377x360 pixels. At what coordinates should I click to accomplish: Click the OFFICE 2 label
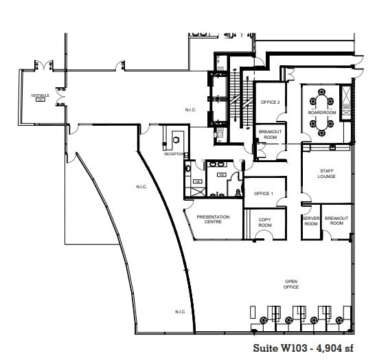coord(269,102)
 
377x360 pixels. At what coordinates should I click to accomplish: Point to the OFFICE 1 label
coord(264,193)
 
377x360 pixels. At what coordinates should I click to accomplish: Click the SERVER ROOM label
coord(311,221)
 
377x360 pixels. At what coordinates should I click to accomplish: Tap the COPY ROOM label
coord(265,223)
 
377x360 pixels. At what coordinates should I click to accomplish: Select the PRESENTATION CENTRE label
coord(214,219)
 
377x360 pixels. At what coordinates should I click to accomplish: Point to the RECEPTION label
coord(174,154)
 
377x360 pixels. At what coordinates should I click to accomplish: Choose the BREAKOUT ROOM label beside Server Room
coord(336,221)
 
